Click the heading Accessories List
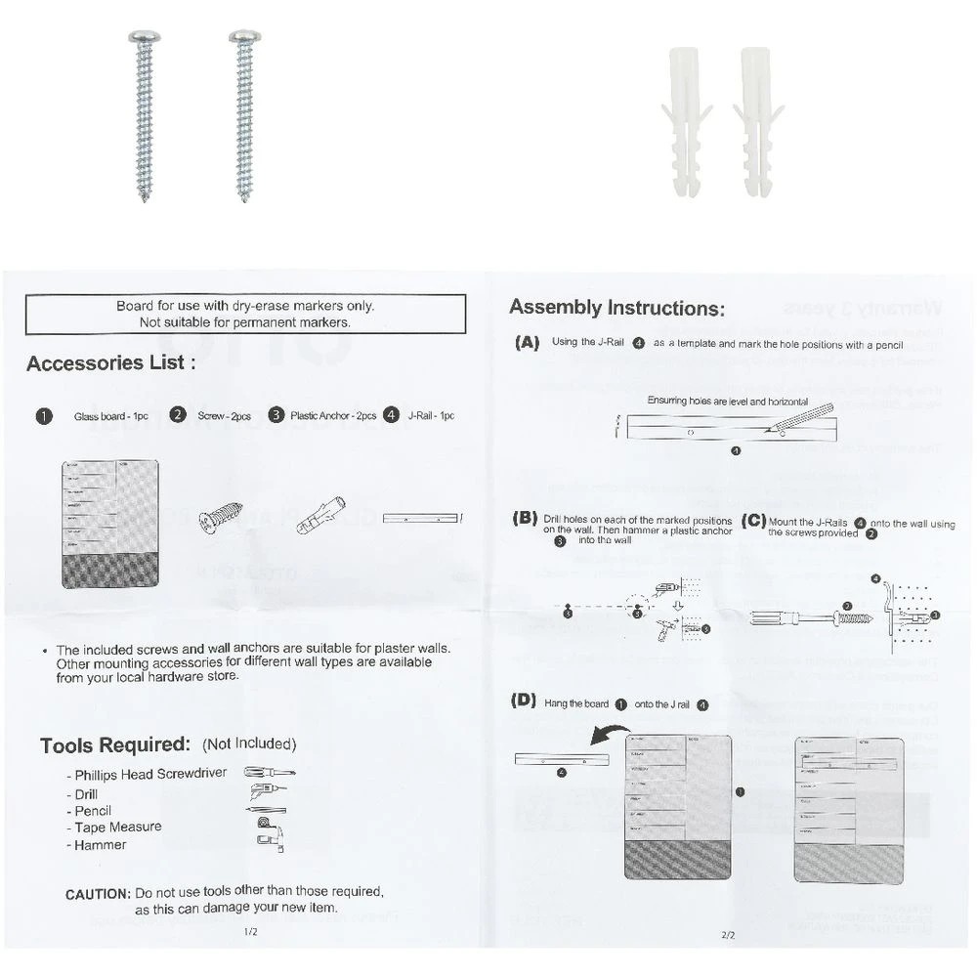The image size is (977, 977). [110, 363]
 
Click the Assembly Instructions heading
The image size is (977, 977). [616, 308]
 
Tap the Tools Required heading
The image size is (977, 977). [114, 745]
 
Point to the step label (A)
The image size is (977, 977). [527, 343]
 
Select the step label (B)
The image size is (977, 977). [526, 519]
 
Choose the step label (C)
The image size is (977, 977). [754, 521]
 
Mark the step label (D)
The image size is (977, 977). [526, 701]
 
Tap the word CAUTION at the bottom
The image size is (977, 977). [98, 893]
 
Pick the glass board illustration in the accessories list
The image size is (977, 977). [109, 523]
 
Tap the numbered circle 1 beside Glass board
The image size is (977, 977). [44, 415]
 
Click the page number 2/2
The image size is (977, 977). [728, 934]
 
